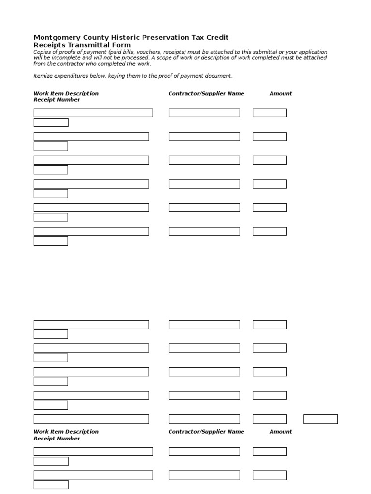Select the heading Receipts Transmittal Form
click(82, 45)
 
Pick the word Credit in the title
click(217, 38)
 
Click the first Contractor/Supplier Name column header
click(206, 94)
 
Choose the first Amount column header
click(281, 94)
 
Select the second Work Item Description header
click(66, 432)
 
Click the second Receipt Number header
click(57, 439)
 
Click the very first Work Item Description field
click(93, 113)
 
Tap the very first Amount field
click(270, 113)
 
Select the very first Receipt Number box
click(51, 123)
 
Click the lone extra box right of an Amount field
click(320, 419)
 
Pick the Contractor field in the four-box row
click(204, 419)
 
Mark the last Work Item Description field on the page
click(93, 475)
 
